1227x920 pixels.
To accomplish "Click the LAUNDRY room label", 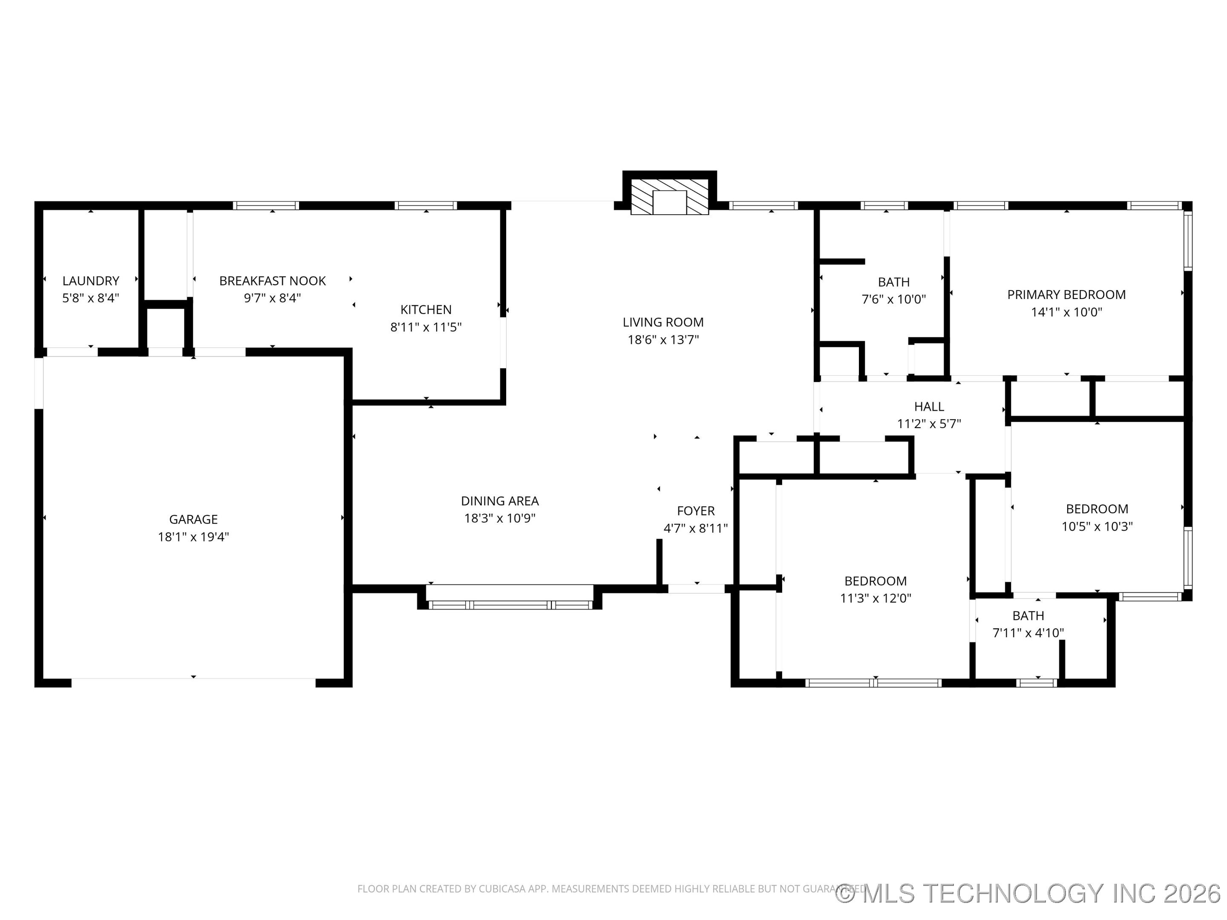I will tap(90, 281).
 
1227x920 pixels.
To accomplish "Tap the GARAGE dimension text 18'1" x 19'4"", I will tap(193, 537).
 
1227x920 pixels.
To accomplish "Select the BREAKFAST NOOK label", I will tap(272, 281).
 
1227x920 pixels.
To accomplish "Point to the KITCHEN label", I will tap(426, 310).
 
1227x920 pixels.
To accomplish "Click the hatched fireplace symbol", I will tap(670, 196).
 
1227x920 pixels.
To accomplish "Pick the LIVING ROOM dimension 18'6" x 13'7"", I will tap(663, 339).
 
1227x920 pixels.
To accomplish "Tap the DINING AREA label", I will tap(499, 501).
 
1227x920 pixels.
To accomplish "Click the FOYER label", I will tap(696, 511).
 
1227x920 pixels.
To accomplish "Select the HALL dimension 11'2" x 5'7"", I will tap(929, 424).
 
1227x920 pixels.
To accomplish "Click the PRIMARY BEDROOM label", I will tap(1066, 294).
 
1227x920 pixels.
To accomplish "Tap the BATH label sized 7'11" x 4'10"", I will tap(1028, 615).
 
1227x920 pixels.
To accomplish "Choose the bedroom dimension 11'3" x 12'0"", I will tap(876, 598).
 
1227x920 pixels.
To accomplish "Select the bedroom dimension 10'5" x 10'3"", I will tap(1097, 526).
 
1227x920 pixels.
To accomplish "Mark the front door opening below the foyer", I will tap(696, 589).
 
